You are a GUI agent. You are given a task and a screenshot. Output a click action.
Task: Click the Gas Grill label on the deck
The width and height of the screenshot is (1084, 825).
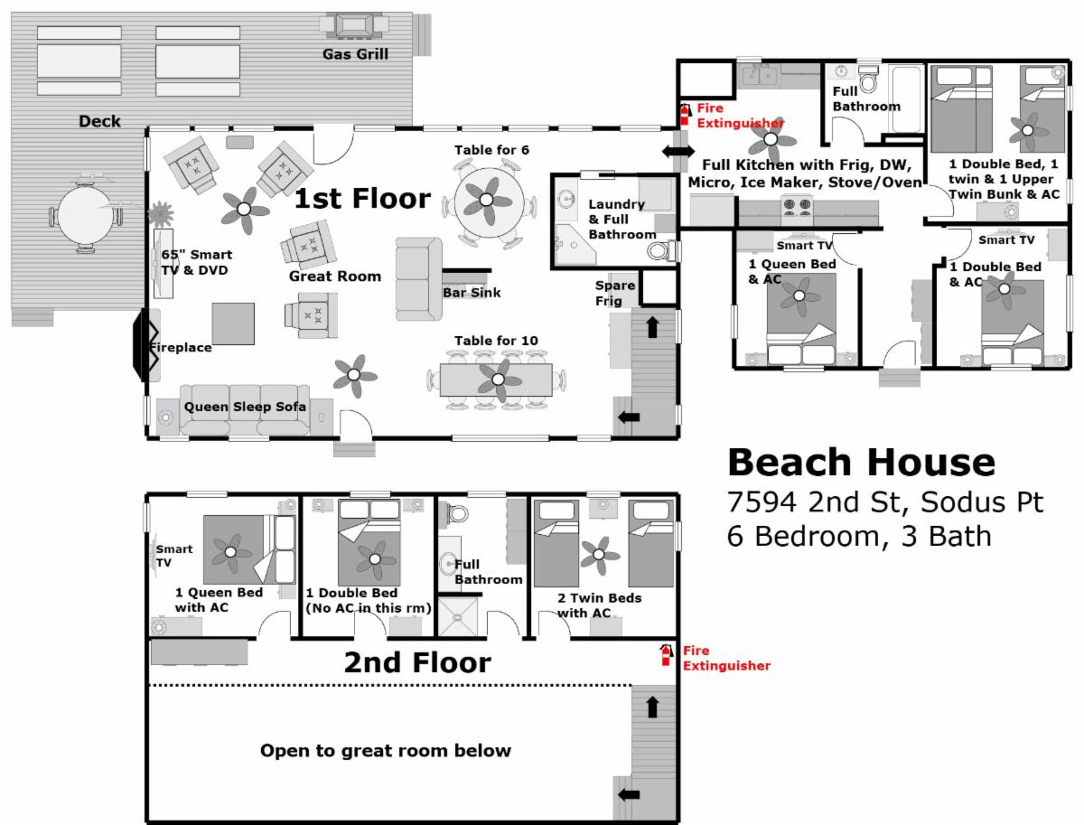click(x=355, y=54)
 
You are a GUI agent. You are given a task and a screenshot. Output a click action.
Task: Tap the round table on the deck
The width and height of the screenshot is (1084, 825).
click(x=85, y=215)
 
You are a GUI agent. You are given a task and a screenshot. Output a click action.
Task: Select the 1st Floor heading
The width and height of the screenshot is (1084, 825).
click(x=362, y=199)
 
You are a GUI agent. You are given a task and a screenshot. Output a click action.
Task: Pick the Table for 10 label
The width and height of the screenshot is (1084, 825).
click(x=496, y=341)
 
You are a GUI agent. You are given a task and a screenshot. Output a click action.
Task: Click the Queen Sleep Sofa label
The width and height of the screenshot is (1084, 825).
click(x=245, y=407)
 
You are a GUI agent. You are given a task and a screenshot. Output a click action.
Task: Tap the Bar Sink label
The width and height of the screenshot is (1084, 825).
click(x=472, y=293)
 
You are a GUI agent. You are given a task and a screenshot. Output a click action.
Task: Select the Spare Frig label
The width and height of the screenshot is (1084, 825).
click(x=615, y=293)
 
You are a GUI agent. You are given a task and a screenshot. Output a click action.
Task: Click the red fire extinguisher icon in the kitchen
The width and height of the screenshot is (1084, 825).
click(x=685, y=115)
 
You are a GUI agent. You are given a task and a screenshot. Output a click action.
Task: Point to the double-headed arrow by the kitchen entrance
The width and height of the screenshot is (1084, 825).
click(x=678, y=151)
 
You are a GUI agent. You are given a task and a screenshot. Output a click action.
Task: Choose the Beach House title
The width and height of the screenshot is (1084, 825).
click(x=861, y=463)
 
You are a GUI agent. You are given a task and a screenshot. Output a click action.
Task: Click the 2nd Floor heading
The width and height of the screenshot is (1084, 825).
click(x=417, y=662)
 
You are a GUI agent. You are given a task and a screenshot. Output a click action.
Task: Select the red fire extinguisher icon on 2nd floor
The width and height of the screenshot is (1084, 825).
click(x=667, y=655)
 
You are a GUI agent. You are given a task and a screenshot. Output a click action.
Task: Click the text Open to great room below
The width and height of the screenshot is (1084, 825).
click(x=386, y=751)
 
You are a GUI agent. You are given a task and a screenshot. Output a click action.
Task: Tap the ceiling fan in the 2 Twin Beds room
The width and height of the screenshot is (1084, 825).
click(x=600, y=555)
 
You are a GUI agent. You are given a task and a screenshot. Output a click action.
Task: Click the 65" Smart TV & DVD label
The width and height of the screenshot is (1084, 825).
click(x=197, y=262)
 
